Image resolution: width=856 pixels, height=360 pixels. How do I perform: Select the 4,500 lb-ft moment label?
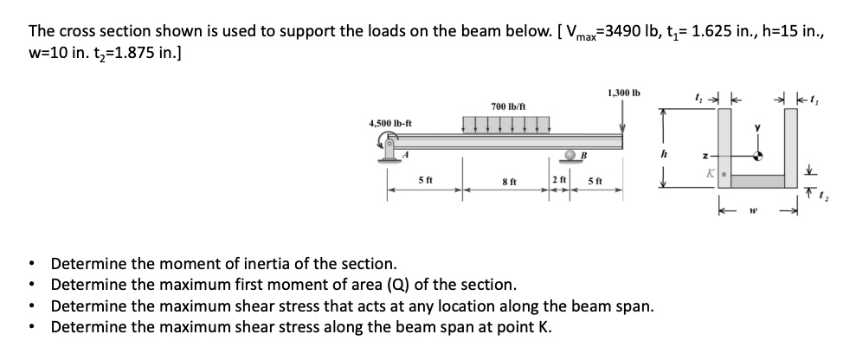390,123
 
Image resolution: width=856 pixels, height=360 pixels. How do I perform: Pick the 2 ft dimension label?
558,181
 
